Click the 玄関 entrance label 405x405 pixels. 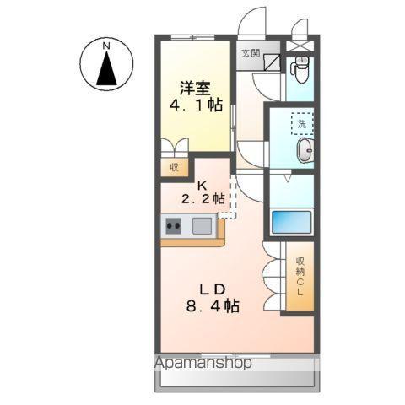pyautogui.click(x=251, y=52)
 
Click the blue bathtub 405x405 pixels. pyautogui.click(x=292, y=223)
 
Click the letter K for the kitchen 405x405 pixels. pyautogui.click(x=202, y=185)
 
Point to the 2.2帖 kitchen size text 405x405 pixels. pyautogui.click(x=202, y=200)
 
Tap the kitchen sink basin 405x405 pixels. pyautogui.click(x=202, y=225)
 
